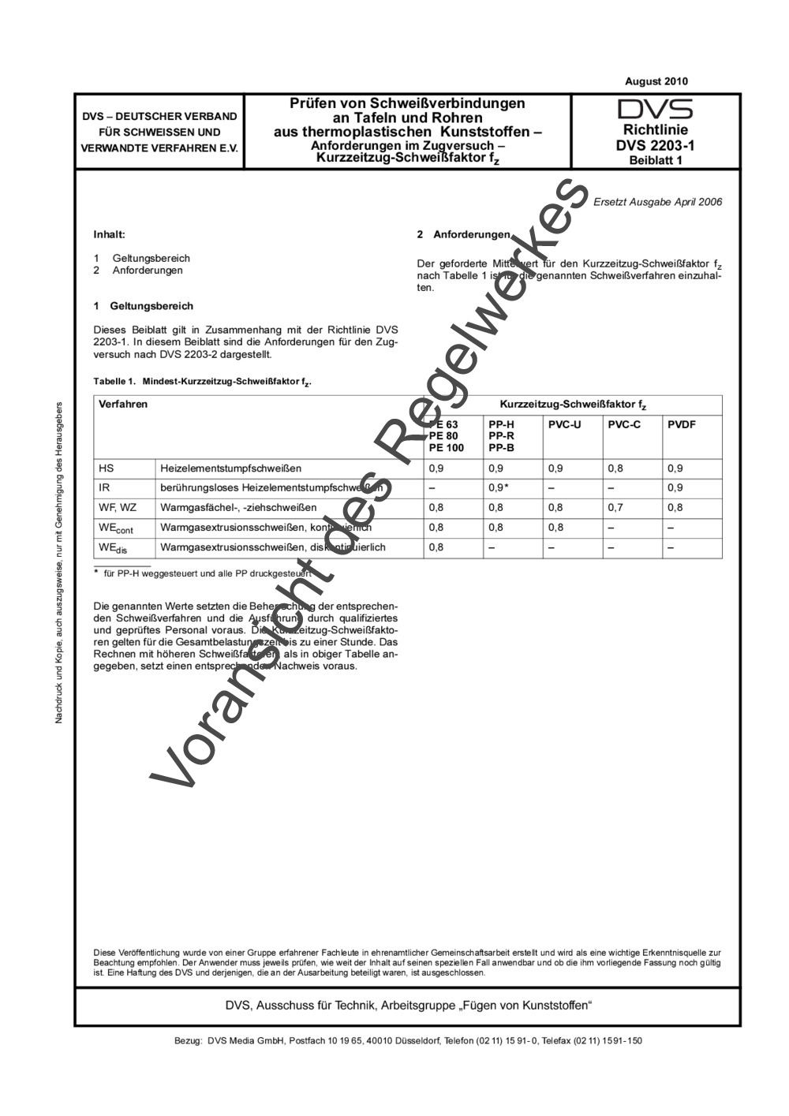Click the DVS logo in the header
(x=655, y=109)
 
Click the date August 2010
(x=656, y=81)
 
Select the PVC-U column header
(x=564, y=424)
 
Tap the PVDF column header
(x=682, y=424)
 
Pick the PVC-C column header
(x=623, y=424)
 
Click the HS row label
(x=106, y=468)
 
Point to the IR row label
(x=104, y=488)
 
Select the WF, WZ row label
(x=118, y=508)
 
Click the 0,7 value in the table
(x=615, y=508)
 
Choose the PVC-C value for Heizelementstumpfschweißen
(x=615, y=468)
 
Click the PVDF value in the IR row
(x=675, y=488)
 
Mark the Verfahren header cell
(x=123, y=405)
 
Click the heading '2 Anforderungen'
(x=463, y=235)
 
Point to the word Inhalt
(x=109, y=235)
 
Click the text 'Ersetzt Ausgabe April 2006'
(x=657, y=202)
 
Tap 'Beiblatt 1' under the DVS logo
(x=655, y=159)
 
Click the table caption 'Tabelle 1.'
(x=115, y=382)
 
